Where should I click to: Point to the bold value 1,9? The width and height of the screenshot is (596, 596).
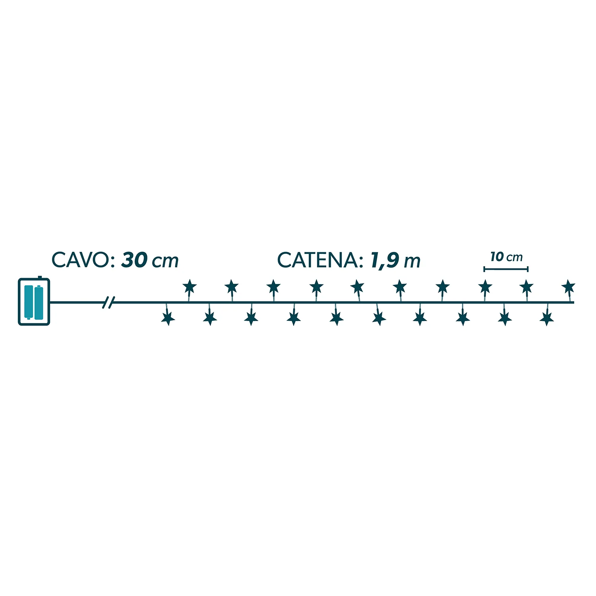pos(384,261)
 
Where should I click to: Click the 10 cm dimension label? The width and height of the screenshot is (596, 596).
pos(506,257)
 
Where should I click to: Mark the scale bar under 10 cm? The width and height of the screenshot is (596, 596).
pos(506,269)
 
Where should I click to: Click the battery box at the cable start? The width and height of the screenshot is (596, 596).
pos(34,301)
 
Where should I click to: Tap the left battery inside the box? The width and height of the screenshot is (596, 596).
pos(29,302)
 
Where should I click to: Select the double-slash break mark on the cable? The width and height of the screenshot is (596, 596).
pos(108,302)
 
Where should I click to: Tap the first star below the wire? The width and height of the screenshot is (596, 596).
pos(168,318)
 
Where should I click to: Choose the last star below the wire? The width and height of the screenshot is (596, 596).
pos(547,318)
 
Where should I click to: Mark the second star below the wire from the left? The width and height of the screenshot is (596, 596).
pos(210,318)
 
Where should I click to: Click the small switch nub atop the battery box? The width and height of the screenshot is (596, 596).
pos(39,277)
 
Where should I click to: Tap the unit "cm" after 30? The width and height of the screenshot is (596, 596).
pos(166,262)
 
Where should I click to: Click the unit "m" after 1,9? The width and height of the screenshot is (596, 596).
pos(412,262)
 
